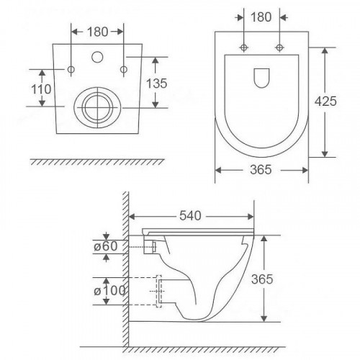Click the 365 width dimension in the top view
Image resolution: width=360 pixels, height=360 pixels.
pos(262,170)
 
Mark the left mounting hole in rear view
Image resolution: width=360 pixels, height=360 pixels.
pos(72,69)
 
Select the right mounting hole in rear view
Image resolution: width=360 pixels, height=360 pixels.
pos(125,69)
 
